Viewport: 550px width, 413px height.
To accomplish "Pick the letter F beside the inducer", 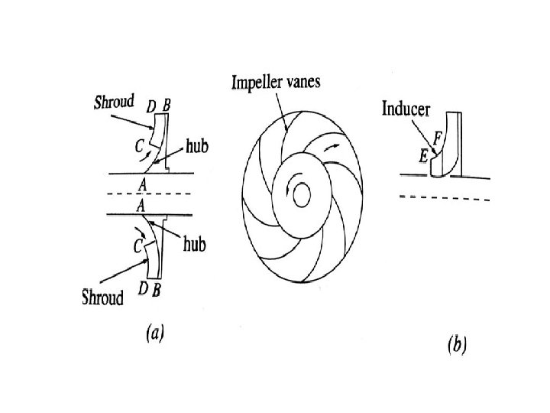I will point(438,138).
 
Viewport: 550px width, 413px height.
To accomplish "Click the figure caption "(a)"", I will point(153,333).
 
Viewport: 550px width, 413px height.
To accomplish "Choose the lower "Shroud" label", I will point(102,298).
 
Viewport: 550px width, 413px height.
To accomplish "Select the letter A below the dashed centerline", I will point(141,206).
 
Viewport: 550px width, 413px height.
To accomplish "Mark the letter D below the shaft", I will point(142,288).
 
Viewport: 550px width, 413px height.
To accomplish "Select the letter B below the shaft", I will point(157,288).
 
